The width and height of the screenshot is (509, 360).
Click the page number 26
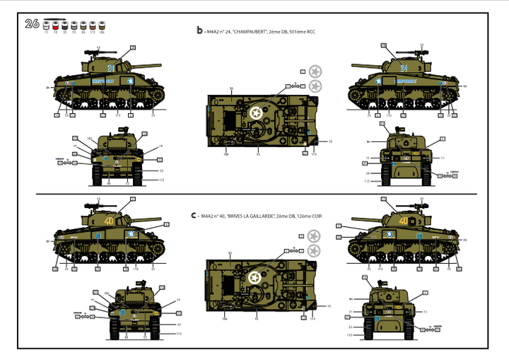(x=31, y=23)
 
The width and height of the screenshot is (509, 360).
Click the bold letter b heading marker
(x=199, y=30)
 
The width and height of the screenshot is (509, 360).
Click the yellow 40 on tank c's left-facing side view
(x=109, y=221)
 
